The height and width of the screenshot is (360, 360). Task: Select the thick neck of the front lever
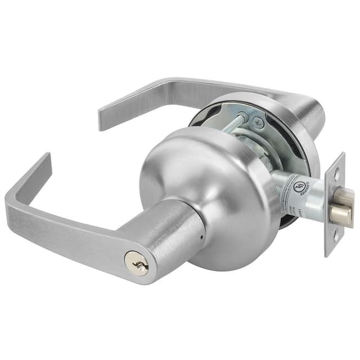coord(163,236)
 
